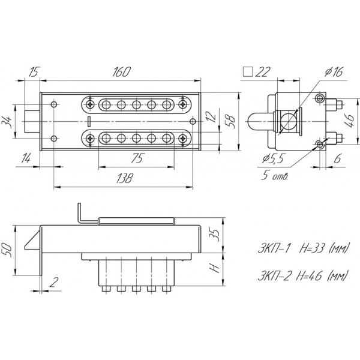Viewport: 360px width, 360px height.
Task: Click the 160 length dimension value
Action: (121, 72)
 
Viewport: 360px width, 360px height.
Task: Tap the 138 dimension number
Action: (124, 178)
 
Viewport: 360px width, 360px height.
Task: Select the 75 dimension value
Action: (137, 158)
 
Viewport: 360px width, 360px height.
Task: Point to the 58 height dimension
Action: (231, 121)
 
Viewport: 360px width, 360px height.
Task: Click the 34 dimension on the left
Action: (7, 122)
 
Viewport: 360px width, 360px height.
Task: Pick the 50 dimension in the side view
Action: (7, 250)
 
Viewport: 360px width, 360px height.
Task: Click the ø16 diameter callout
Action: (334, 72)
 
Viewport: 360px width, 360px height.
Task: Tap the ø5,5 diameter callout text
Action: (273, 158)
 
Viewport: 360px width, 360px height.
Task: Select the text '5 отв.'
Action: (274, 176)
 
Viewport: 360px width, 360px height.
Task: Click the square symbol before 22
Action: (248, 72)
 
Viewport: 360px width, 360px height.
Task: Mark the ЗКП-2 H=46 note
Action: (302, 275)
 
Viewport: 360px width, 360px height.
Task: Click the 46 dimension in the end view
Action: (350, 121)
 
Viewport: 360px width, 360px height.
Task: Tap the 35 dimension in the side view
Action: (215, 235)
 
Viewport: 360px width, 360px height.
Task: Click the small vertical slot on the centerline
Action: (89, 121)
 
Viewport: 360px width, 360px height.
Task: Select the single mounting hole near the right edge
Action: (193, 121)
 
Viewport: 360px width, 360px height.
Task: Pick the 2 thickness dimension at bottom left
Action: (54, 282)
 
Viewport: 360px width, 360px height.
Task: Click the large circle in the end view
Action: (288, 122)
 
